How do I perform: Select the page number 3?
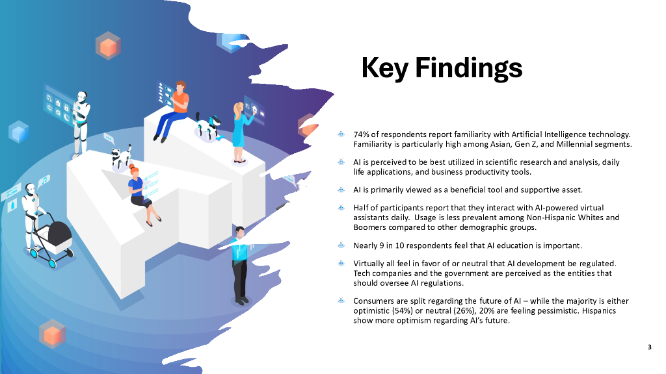tap(649, 347)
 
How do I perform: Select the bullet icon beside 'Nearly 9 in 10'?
tap(340, 245)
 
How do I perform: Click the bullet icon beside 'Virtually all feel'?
tap(340, 264)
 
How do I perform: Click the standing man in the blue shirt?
tap(239, 263)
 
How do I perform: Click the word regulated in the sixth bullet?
tap(598, 264)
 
